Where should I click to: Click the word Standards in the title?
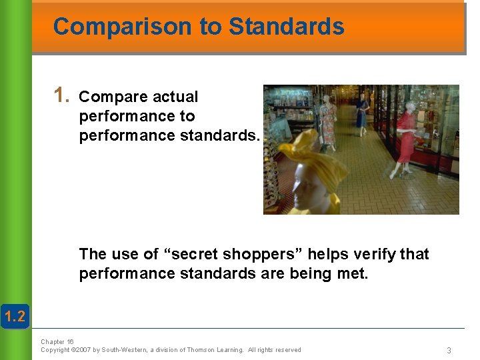pyautogui.click(x=286, y=27)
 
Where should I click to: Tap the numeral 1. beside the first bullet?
pyautogui.click(x=63, y=95)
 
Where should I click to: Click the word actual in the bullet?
pyautogui.click(x=175, y=97)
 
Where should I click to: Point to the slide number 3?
pyautogui.click(x=449, y=351)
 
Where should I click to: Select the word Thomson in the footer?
pyautogui.click(x=201, y=350)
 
